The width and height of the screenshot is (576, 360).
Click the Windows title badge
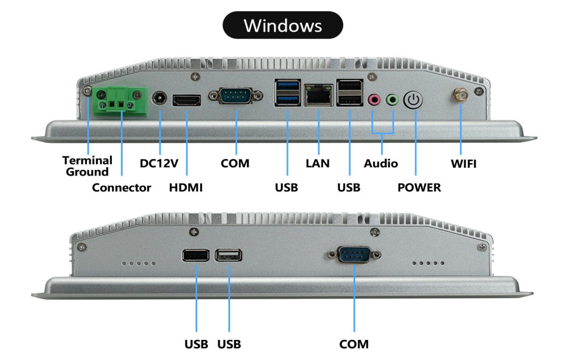click(282, 25)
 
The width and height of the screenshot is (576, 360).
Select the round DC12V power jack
click(160, 100)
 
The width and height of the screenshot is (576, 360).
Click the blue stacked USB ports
click(286, 93)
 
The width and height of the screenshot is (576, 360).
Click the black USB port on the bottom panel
click(196, 255)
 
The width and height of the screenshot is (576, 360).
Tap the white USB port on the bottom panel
click(229, 255)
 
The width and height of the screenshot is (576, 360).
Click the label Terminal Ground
click(87, 166)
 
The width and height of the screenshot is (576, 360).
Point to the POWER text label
click(419, 188)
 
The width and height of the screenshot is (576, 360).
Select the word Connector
click(121, 188)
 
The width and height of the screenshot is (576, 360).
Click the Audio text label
click(381, 164)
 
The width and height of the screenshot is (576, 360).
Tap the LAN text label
click(318, 164)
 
